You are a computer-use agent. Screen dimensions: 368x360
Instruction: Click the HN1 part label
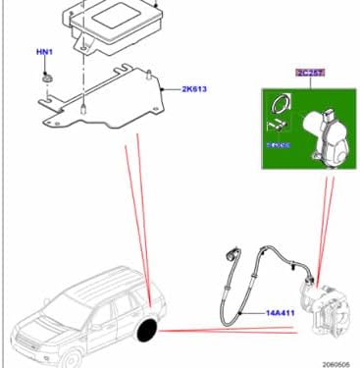coord(45,50)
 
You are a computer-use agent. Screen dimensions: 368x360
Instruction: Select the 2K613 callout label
coord(194,89)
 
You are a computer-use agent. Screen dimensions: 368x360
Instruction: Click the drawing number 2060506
coord(336,361)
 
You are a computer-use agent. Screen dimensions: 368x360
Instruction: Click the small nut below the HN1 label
coord(46,75)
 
